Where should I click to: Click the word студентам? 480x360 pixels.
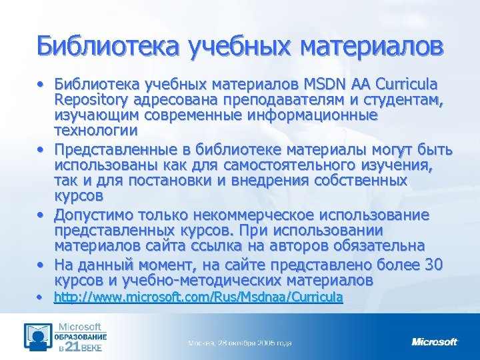pos(404,101)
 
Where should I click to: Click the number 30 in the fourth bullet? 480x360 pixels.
pos(433,265)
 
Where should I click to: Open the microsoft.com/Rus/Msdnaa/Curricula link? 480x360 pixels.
pos(198,297)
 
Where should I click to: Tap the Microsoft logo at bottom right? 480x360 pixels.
pos(435,342)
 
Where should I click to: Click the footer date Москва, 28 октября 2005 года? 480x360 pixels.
pos(240,343)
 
